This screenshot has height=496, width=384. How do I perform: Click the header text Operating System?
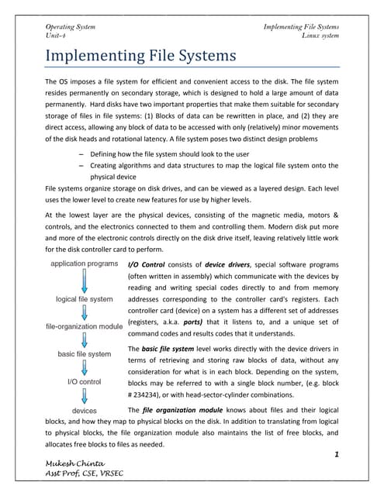(71, 27)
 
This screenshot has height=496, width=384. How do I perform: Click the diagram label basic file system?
(85, 354)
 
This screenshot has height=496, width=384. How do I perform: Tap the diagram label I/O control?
(85, 381)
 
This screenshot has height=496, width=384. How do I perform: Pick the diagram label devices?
(85, 408)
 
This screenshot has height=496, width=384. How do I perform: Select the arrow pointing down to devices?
(85, 395)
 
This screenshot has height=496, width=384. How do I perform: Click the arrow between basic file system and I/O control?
(85, 368)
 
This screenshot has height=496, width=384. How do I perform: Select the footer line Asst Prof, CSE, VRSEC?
(85, 474)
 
